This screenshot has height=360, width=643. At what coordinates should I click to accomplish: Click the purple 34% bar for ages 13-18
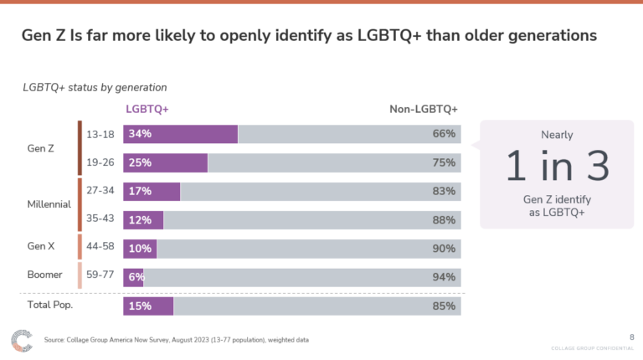180,134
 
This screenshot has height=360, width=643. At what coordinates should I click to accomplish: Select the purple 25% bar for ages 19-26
165,162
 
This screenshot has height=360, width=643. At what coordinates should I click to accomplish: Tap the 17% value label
140,192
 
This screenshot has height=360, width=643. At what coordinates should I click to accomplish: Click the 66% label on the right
444,134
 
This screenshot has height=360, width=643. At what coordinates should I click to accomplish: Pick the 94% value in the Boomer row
444,277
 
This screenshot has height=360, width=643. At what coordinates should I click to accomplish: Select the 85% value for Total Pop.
444,306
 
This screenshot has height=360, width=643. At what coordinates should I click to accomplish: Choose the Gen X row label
41,248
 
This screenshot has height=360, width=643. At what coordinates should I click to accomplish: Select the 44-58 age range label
101,249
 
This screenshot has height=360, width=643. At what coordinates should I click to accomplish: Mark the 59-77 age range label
101,277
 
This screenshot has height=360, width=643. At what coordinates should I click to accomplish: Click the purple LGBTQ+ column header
147,109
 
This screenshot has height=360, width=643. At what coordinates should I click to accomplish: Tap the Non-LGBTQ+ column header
424,109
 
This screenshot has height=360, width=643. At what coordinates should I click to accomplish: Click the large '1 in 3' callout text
557,167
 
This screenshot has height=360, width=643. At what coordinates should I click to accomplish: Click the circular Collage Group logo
22,341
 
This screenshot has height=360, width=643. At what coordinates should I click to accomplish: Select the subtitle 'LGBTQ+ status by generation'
95,86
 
